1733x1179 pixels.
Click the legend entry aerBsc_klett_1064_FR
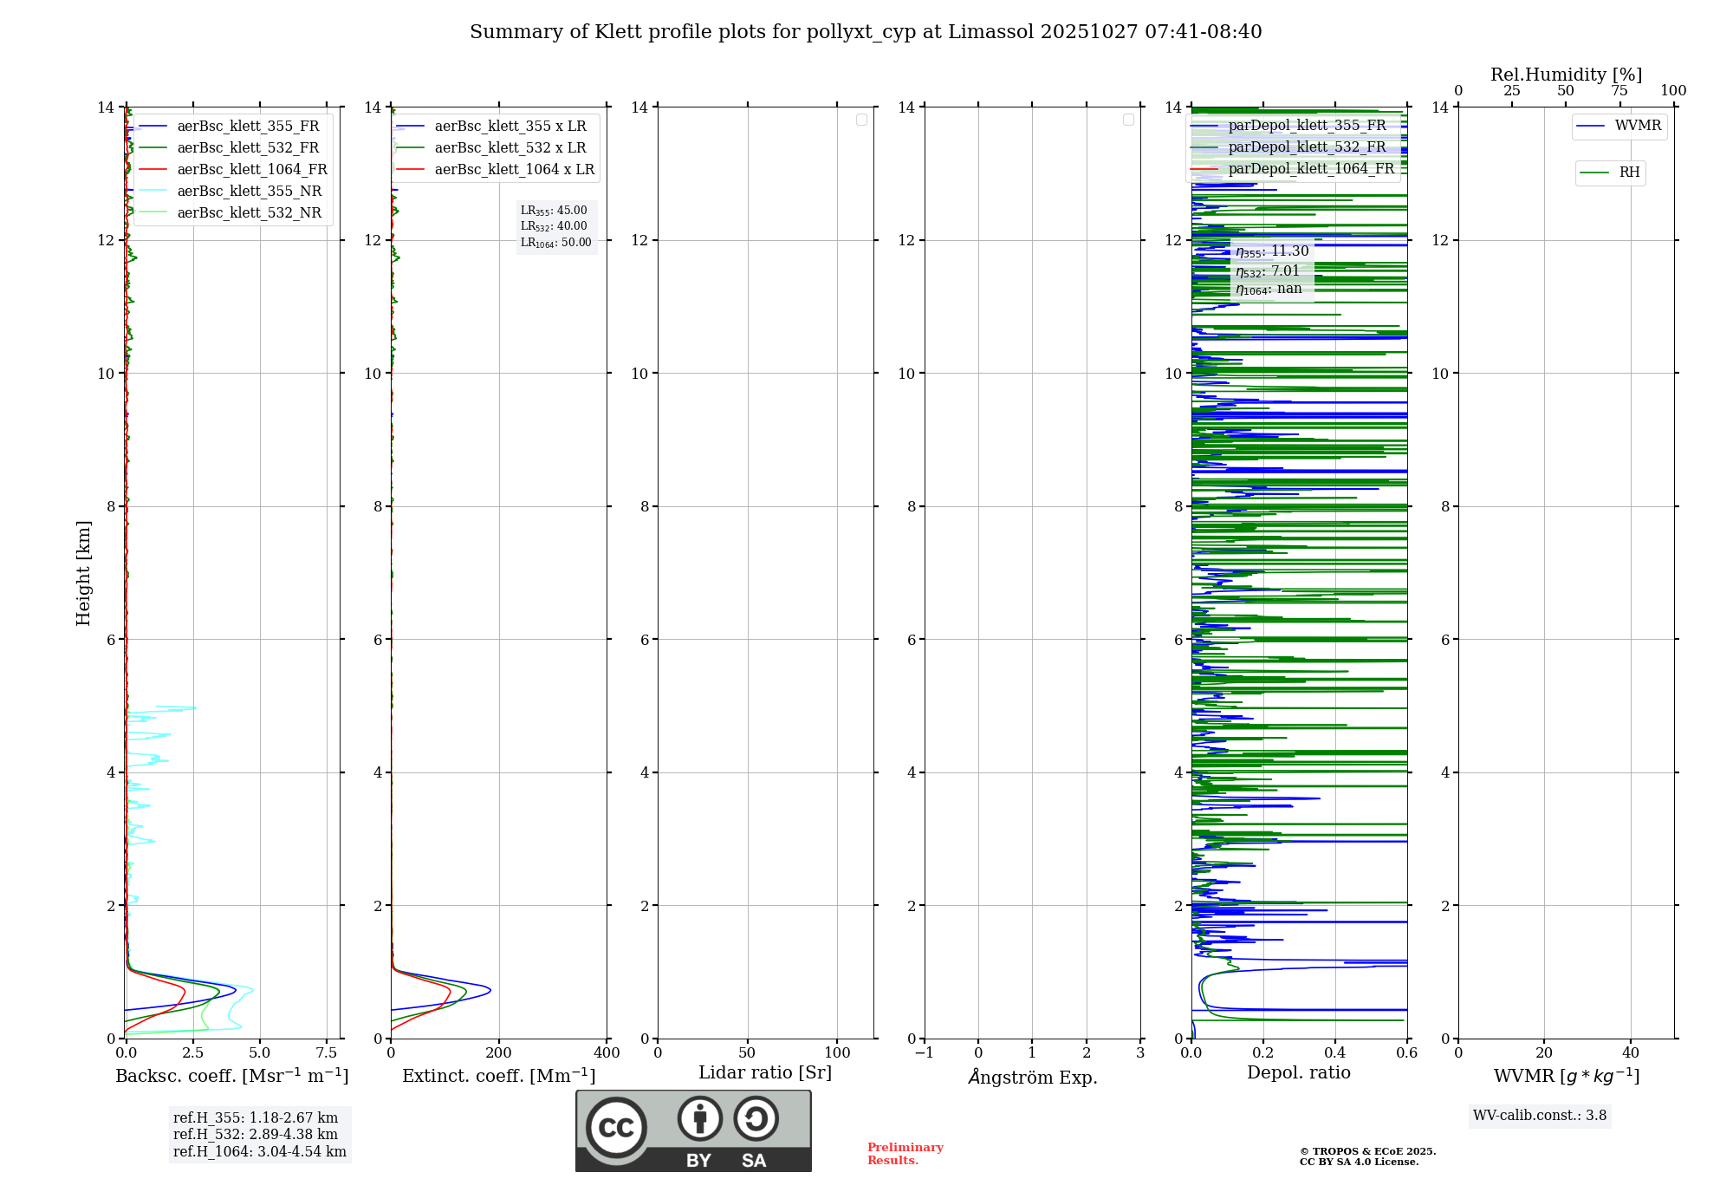(251, 170)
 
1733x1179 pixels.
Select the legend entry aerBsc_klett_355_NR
(249, 192)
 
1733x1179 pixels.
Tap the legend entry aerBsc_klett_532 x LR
(510, 148)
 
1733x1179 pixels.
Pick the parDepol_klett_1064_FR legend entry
(1310, 169)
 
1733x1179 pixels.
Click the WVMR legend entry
(1637, 126)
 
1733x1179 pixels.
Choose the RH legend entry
(1629, 173)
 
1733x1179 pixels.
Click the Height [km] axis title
(83, 573)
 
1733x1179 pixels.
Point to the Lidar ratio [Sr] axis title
(765, 1073)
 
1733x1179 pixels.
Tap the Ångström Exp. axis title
(1032, 1078)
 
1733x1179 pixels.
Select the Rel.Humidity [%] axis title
(1566, 75)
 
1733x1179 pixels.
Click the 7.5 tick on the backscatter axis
(327, 1053)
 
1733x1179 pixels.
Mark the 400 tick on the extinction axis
(607, 1053)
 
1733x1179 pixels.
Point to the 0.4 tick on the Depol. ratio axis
(1335, 1053)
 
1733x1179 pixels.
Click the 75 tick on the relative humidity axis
(1619, 91)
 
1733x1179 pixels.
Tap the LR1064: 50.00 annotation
(556, 243)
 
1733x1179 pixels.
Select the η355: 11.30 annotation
(1272, 252)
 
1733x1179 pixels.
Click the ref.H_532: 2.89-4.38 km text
(256, 1135)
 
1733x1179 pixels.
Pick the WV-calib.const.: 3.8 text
(1540, 1116)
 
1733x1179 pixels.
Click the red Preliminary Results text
(905, 1154)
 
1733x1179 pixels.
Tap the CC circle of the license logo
(616, 1128)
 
